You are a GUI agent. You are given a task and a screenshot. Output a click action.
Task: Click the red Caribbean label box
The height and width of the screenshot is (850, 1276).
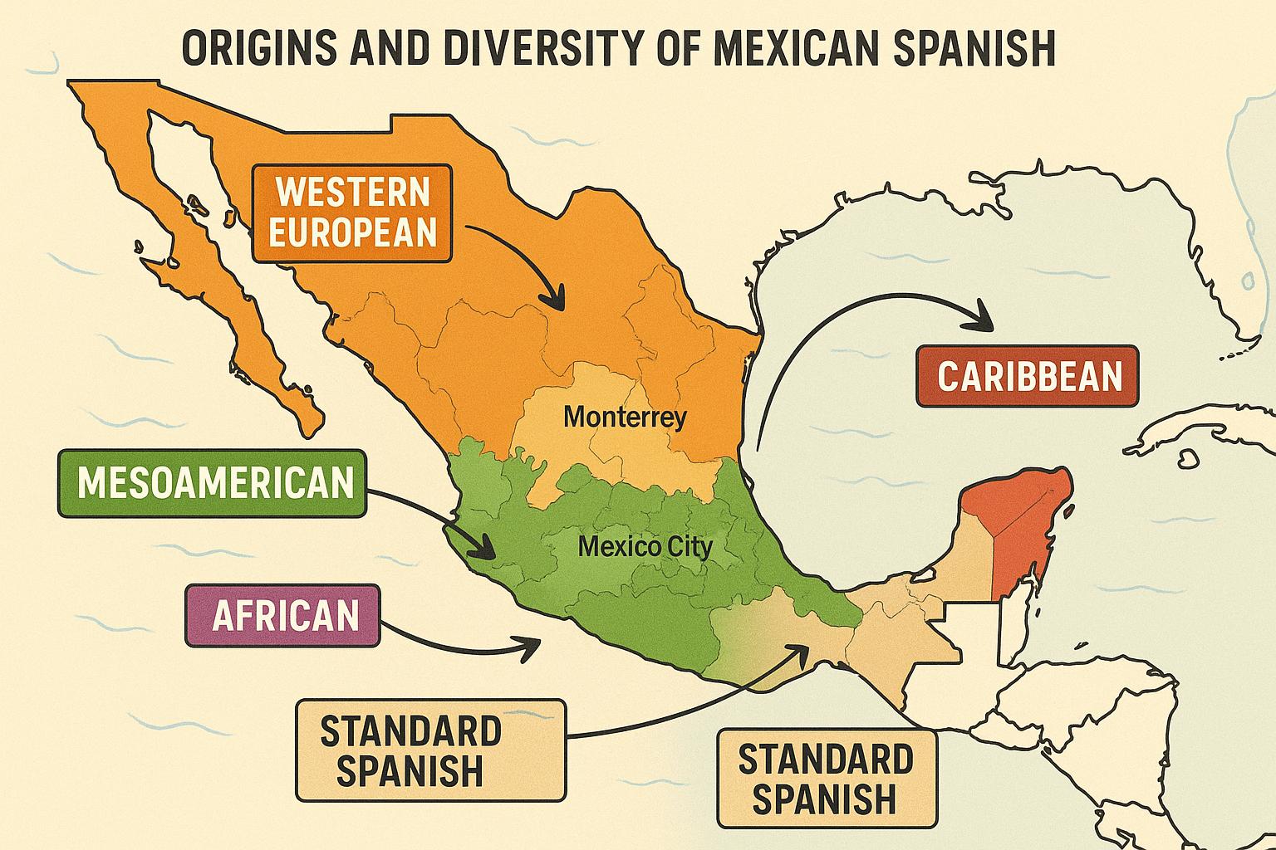click(x=1028, y=376)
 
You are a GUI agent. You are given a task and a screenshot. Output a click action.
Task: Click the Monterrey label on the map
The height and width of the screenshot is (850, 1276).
click(x=625, y=416)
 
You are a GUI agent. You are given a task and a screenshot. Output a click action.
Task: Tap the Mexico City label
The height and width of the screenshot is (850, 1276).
click(x=645, y=547)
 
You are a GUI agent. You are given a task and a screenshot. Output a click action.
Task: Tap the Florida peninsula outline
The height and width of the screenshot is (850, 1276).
click(x=1238, y=274)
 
